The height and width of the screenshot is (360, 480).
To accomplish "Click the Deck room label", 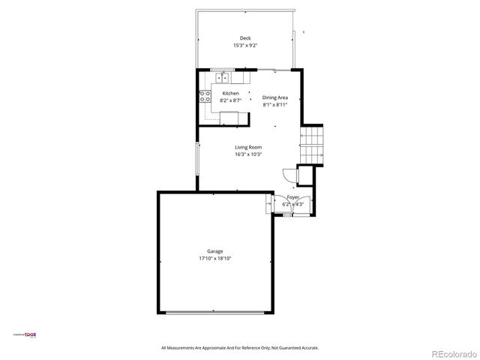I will coord(244,38).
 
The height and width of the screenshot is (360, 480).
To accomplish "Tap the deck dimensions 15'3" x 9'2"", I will coord(244,46).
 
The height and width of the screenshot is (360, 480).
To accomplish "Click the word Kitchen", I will coord(230,93).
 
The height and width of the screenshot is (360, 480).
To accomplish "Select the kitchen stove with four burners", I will coord(204,96).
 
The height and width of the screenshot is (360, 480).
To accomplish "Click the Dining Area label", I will coord(275,97).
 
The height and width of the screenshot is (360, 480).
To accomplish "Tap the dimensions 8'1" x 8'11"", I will coord(275,105).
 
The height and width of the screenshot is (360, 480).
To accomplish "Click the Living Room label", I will coord(247,148).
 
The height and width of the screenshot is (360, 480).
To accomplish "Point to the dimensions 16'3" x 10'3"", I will coord(247,155).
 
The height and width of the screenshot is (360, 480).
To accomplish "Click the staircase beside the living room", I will coord(311,142).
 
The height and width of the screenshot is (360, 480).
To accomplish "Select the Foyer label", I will coord(292,197).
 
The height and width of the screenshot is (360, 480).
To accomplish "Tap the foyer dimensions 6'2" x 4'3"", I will coord(292,204).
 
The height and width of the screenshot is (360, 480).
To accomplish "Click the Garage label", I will coord(215,251).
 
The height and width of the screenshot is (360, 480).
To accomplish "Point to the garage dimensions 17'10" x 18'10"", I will coord(215,259).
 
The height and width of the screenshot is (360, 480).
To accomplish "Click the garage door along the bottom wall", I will coord(215,312).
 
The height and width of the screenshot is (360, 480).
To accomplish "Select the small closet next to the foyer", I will coord(305,175).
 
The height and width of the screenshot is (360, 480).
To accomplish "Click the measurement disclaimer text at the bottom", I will coord(240,348).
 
